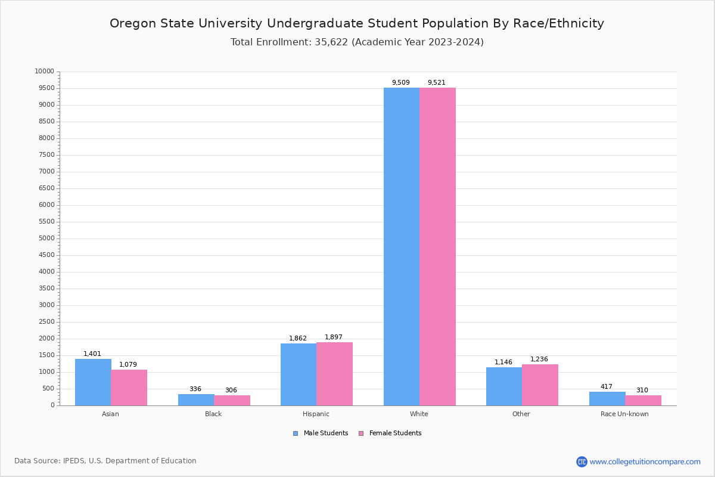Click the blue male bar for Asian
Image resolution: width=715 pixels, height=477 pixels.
point(93,382)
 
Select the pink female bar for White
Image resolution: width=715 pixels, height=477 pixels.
point(437,246)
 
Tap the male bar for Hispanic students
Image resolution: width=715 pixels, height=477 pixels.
point(299,374)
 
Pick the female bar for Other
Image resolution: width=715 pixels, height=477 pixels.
point(540,385)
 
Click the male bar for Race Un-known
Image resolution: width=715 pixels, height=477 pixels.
point(607,398)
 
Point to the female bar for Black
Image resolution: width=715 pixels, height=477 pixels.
point(232,400)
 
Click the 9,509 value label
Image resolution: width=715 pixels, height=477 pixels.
point(400,83)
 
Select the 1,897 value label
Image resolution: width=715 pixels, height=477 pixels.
point(334,337)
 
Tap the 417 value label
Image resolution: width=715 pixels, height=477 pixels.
point(607,387)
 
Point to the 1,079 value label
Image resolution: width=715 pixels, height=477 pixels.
point(128,365)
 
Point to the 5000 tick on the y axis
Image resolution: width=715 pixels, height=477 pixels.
point(46,238)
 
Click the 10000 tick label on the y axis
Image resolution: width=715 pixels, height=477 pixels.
point(44,72)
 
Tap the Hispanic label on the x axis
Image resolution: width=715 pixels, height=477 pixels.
point(316,414)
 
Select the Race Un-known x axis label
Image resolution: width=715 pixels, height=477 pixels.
point(624,414)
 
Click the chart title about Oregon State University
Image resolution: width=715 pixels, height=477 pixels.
point(357,24)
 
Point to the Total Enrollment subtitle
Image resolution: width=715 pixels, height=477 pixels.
point(357,42)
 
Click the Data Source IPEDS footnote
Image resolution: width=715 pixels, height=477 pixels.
point(105,461)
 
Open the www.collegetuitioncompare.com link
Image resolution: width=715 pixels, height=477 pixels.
point(645,461)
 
